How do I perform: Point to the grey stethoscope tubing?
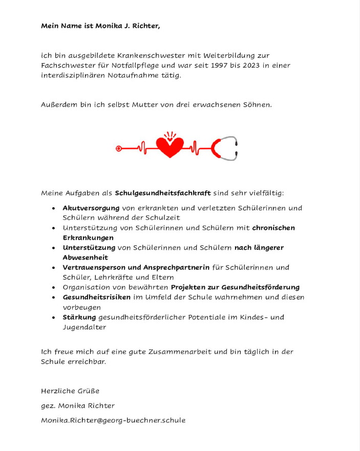(234, 148)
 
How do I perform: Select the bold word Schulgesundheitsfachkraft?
(163, 194)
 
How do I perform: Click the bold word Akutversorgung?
(91, 208)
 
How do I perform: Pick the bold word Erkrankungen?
(88, 238)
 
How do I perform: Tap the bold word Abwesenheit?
(86, 257)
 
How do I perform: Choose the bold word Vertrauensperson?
(93, 267)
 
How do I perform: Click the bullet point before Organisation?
(54, 288)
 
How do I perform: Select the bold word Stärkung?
(79, 317)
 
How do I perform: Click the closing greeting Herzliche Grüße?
(70, 391)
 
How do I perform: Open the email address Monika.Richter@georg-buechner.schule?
(113, 420)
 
